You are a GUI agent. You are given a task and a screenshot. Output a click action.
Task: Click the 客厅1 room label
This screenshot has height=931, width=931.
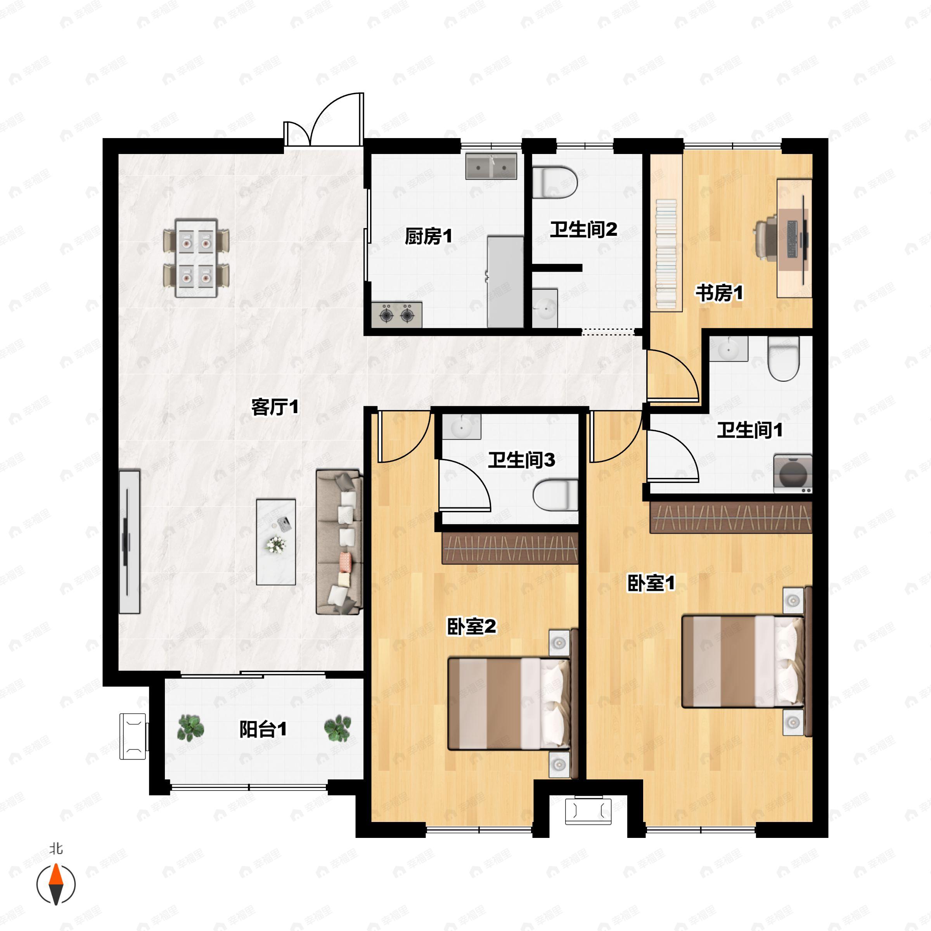[275, 407]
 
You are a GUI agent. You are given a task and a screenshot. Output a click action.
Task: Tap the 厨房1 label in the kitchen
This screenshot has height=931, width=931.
[428, 236]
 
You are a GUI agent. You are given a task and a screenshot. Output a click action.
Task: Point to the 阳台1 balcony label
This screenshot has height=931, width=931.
[263, 729]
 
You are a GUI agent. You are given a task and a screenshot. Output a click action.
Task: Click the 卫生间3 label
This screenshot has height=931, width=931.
[521, 460]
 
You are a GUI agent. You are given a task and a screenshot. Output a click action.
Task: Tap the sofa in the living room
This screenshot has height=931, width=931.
[338, 542]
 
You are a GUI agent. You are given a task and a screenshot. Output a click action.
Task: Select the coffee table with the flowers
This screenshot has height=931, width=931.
[276, 542]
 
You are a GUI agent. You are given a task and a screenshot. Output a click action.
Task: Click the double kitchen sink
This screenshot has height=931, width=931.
[491, 167]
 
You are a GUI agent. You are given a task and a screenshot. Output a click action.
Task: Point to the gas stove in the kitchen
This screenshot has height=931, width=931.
[396, 315]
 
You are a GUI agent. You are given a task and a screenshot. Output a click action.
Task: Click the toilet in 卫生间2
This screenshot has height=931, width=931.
[555, 183]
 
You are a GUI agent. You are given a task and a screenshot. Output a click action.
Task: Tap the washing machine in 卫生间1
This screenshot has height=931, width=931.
[792, 473]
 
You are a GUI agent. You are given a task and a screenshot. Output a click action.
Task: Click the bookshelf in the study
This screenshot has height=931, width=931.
[666, 254]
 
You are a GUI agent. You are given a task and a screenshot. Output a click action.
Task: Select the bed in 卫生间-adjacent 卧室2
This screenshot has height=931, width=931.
[509, 704]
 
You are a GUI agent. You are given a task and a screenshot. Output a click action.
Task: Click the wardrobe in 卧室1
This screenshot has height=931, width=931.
[730, 517]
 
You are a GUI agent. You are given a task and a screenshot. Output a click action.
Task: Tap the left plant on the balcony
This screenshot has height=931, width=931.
[191, 728]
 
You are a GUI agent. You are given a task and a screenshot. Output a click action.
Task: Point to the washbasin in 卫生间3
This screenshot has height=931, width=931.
[461, 426]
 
